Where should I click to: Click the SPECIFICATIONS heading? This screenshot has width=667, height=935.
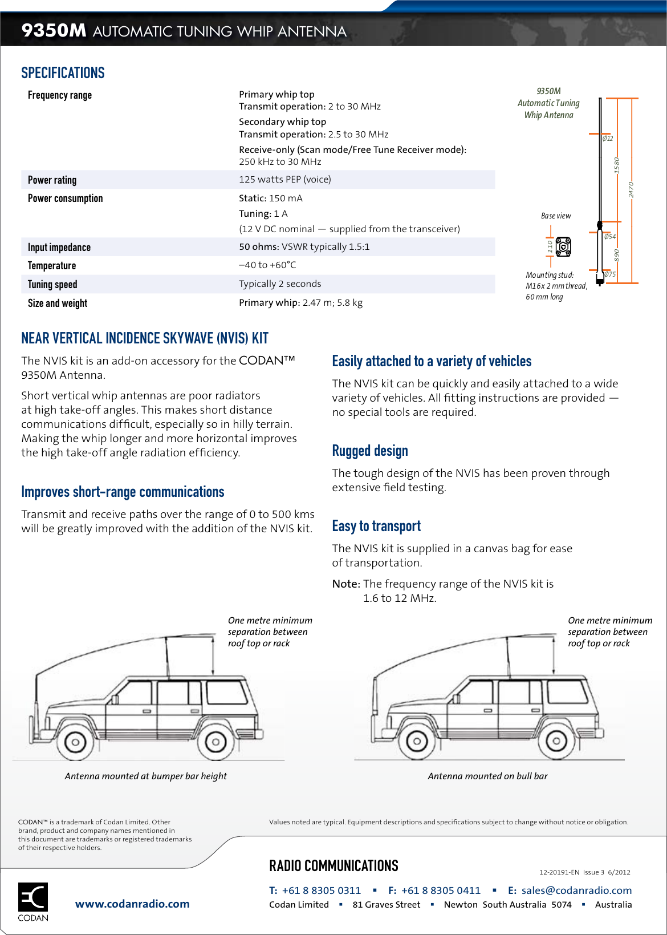click(x=63, y=73)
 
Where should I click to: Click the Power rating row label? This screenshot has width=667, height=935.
click(x=52, y=180)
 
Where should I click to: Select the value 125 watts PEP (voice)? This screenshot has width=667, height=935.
click(x=284, y=179)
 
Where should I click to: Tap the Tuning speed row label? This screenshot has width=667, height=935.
click(x=52, y=284)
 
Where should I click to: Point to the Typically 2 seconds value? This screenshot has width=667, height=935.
click(x=280, y=284)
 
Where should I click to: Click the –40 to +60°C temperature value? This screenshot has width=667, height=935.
click(x=267, y=265)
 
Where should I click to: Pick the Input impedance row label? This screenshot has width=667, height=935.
click(x=59, y=247)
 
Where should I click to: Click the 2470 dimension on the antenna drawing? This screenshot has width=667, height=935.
click(x=631, y=189)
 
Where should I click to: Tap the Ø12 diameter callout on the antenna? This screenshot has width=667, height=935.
click(x=608, y=138)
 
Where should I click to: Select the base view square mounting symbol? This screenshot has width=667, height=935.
click(x=563, y=246)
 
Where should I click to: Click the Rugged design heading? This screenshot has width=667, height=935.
click(x=370, y=451)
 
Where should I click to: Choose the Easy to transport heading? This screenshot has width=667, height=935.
click(x=376, y=526)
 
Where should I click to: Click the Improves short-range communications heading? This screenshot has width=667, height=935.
click(x=123, y=492)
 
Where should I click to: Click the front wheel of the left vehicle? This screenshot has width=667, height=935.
click(x=75, y=742)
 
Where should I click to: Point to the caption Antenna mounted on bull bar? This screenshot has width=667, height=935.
click(x=487, y=776)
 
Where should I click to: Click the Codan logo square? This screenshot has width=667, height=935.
click(x=33, y=897)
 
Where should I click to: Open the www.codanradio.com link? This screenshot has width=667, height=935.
click(x=132, y=904)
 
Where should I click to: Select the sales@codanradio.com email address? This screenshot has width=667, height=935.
click(x=576, y=890)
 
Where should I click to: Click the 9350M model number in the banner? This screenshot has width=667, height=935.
click(x=54, y=30)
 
